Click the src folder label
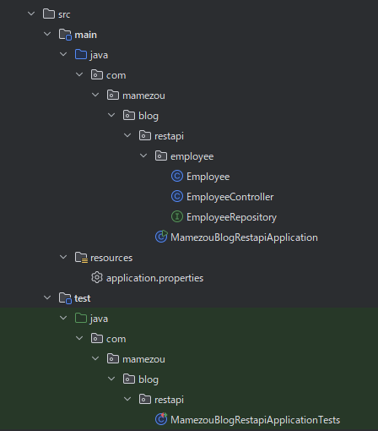(64, 14)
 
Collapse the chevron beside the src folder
(31, 14)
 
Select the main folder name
(85, 35)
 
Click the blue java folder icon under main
(81, 54)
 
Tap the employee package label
(192, 156)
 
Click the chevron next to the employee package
(143, 155)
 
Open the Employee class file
(208, 177)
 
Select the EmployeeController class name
(230, 197)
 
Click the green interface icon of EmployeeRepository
(177, 216)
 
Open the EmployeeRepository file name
(231, 217)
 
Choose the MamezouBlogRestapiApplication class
(244, 237)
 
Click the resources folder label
(111, 258)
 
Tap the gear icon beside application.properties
(97, 277)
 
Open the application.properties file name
(154, 278)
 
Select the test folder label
(83, 298)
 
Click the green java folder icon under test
(81, 318)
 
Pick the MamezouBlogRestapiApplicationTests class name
(255, 420)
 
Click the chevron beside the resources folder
(63, 257)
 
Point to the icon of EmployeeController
(177, 196)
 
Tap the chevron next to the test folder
(47, 297)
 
